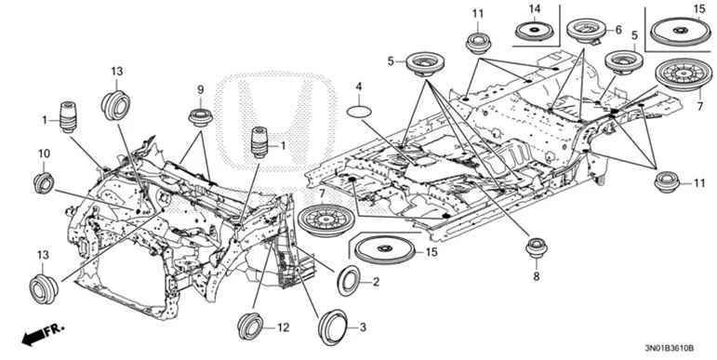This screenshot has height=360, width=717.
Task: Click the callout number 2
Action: (x=376, y=283)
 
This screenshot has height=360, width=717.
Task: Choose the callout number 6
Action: (x=617, y=30)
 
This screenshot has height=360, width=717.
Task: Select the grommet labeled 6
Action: (x=584, y=29)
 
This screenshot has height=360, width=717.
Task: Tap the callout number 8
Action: (x=535, y=276)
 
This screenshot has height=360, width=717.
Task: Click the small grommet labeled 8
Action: (x=535, y=248)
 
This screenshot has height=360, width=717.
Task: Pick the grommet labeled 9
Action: (x=198, y=117)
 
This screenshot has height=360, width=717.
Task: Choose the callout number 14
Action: (x=535, y=8)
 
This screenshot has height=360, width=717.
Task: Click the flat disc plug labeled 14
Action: (x=536, y=31)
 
